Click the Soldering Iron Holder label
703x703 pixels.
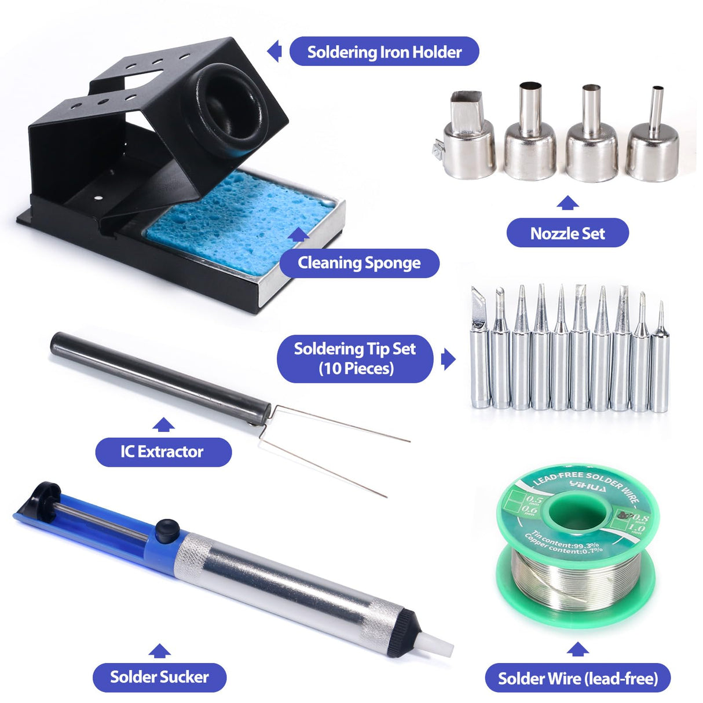click(384, 52)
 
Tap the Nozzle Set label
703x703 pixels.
click(567, 233)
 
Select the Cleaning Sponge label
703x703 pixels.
click(359, 263)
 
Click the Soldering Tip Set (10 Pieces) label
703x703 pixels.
click(355, 358)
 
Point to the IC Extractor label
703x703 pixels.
click(163, 452)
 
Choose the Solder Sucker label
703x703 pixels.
click(159, 677)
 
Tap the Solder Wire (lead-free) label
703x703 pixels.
click(577, 678)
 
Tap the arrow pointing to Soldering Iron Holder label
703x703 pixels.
click(275, 52)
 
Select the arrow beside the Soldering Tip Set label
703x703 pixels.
click(448, 359)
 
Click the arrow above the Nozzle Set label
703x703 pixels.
click(567, 203)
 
